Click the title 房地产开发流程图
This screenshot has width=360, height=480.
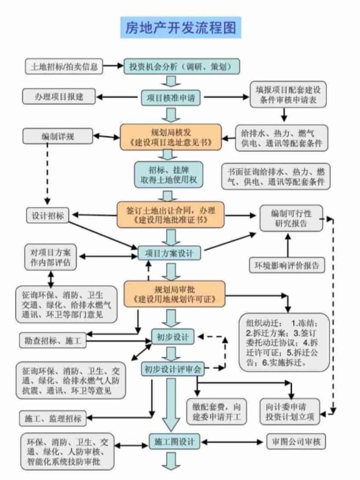[x=180, y=27]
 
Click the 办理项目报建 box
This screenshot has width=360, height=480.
[x=59, y=97]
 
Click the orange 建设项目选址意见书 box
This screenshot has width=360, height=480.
[x=171, y=137]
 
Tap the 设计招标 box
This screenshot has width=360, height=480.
[x=48, y=216]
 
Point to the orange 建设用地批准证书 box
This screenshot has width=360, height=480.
[x=171, y=214]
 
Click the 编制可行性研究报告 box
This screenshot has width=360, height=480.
[x=292, y=218]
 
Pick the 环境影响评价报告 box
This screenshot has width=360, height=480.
[x=287, y=265]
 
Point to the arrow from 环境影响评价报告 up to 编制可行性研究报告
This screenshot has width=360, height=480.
[x=287, y=246]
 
